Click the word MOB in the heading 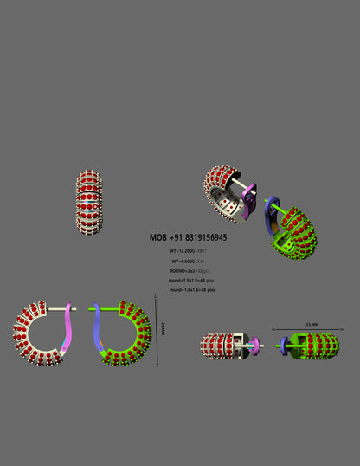157,237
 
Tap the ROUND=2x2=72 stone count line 189,271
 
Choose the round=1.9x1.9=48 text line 190,281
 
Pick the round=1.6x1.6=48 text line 190,290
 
